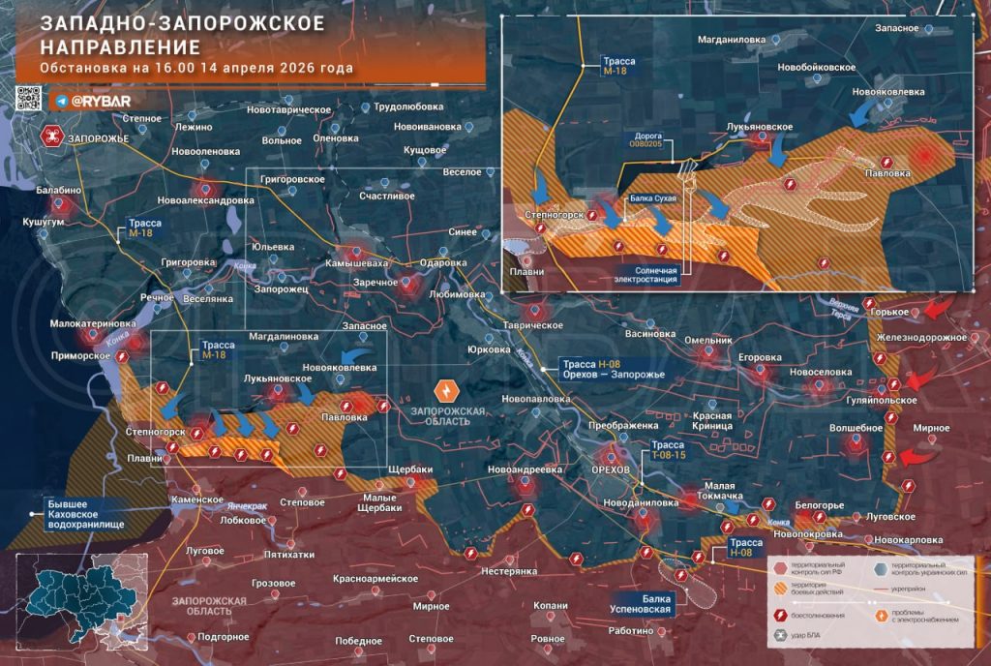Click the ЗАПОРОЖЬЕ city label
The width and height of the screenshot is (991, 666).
tap(98, 139)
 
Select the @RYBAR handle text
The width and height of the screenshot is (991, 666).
tap(100, 101)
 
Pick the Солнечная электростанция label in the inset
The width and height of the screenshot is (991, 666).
tap(647, 276)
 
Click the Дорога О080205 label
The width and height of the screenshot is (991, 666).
tap(646, 139)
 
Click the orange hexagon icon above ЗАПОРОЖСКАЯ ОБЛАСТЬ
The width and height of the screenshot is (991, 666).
tap(447, 390)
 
